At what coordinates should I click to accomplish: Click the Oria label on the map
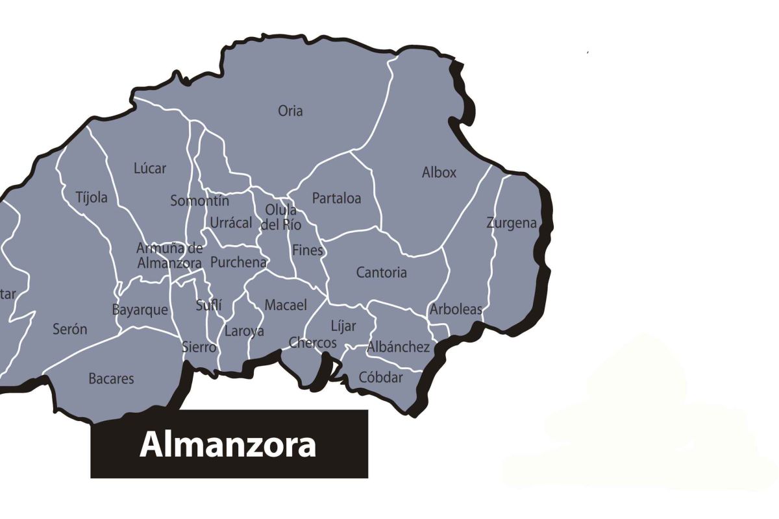(290, 111)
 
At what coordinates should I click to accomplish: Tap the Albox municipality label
(439, 173)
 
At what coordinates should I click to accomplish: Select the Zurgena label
(512, 223)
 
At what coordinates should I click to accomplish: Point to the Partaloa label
(336, 199)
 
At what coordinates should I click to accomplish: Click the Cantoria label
(382, 272)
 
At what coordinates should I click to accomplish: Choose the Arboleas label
(456, 309)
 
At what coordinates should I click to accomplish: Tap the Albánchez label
(399, 347)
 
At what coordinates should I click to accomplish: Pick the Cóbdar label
(381, 378)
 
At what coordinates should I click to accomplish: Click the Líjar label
(343, 326)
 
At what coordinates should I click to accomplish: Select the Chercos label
(313, 343)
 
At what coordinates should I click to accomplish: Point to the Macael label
(286, 305)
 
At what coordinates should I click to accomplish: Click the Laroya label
(244, 332)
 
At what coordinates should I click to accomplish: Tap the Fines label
(308, 250)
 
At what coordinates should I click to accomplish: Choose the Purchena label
(238, 263)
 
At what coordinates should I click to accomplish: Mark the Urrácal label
(230, 223)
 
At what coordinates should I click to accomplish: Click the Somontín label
(199, 201)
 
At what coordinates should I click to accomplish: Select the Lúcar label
(150, 169)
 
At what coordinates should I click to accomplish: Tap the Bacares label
(111, 379)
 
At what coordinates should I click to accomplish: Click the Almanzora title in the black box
(228, 445)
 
